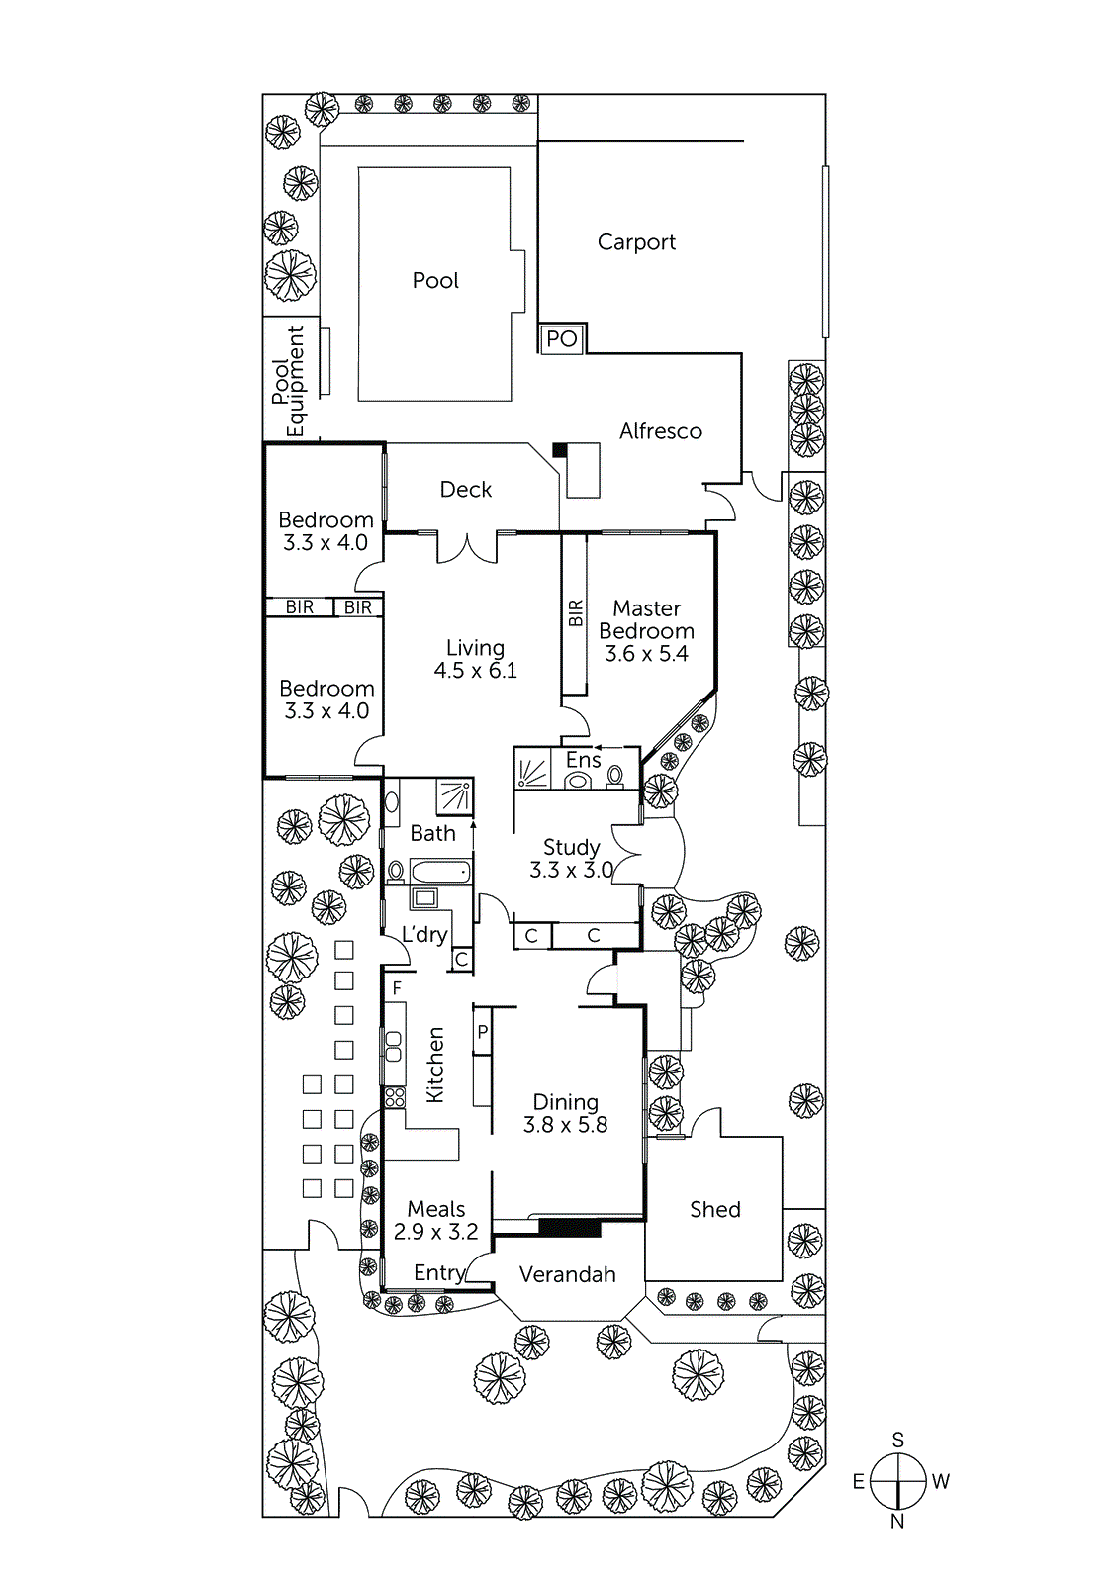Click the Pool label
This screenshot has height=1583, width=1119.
435,281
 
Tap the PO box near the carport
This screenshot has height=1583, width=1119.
561,339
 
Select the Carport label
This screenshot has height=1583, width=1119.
636,242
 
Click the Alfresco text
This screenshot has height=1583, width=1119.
660,431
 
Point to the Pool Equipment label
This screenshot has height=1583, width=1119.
289,381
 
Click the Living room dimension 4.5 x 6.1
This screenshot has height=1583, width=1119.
475,671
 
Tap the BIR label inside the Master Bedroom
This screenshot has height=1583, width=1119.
576,613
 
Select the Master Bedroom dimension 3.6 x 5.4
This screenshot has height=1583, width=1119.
646,654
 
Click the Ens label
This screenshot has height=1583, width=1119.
583,760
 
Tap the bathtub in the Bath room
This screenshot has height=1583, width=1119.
440,872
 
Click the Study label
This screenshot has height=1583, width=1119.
571,847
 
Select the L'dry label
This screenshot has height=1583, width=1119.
423,934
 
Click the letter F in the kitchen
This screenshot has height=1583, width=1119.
397,988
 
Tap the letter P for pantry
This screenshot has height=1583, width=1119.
482,1032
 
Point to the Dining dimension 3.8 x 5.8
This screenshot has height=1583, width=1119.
565,1125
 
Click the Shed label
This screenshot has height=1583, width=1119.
714,1209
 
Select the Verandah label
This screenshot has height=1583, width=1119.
567,1274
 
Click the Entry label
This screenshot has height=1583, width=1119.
438,1273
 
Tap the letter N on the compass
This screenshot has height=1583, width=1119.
897,1522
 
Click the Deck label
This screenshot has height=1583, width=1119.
465,490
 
